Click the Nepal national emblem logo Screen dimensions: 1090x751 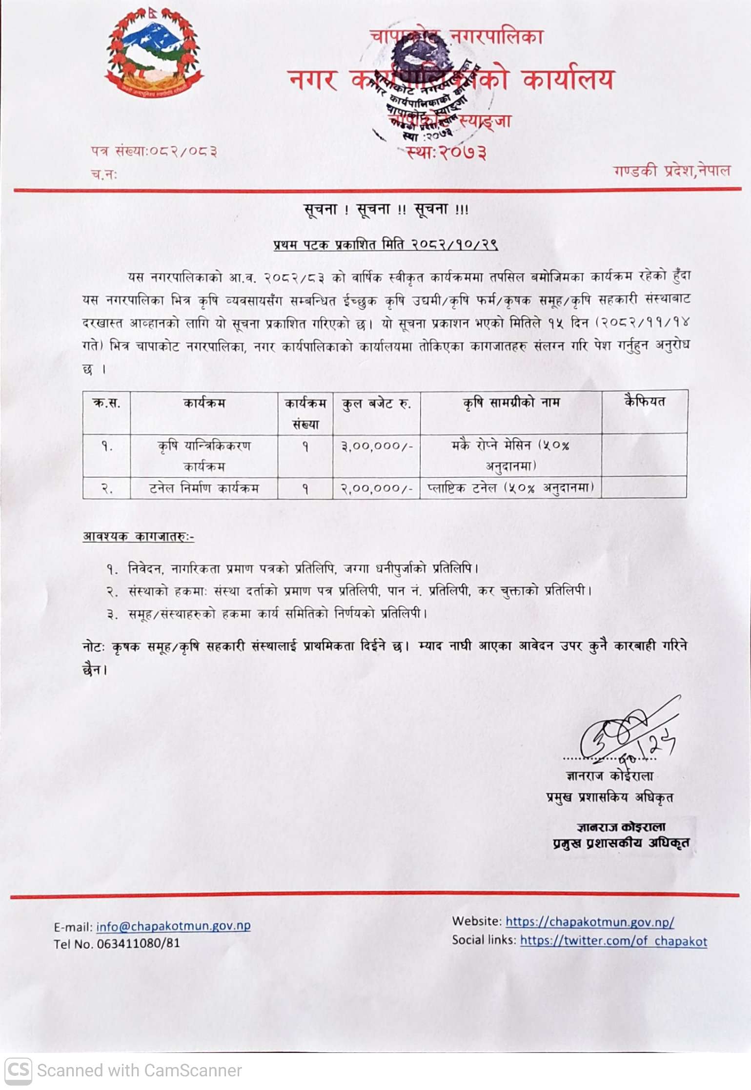154,53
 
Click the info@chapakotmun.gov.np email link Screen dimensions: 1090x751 173,926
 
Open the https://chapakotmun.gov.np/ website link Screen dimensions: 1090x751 589,921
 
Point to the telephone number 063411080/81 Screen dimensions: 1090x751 138,944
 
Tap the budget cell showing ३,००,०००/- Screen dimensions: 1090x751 377,446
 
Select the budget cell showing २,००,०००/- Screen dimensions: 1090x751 377,488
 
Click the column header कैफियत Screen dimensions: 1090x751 645,402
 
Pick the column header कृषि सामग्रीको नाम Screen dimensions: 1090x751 511,403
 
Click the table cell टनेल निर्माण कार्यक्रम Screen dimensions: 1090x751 204,488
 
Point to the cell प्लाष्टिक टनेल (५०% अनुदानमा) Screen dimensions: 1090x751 510,488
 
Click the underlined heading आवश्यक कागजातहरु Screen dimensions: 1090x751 139,537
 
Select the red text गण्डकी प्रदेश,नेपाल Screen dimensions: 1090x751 672,171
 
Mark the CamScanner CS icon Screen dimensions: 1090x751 19,1071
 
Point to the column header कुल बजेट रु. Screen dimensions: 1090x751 376,403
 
